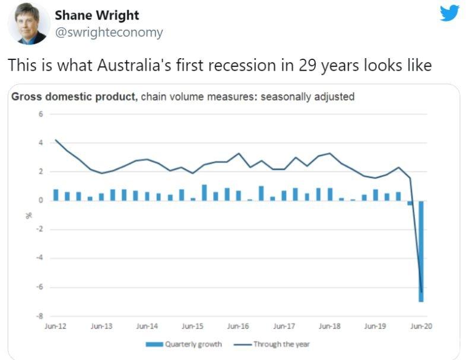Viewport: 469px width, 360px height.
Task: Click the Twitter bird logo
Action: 449,13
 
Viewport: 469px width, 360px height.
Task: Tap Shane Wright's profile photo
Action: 27,24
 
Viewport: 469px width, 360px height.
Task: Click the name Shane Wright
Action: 97,15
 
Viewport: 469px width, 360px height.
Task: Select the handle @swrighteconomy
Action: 109,33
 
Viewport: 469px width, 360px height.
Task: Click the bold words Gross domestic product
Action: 74,97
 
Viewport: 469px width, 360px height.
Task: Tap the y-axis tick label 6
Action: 41,114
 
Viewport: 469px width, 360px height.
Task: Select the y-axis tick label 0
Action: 41,200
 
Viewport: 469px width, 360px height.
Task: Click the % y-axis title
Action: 28,215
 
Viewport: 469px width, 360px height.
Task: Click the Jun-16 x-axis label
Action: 238,326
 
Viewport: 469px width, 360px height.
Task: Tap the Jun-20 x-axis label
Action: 421,326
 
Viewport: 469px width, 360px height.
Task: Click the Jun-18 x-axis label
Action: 329,326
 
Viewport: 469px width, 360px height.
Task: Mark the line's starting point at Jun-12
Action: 55,140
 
